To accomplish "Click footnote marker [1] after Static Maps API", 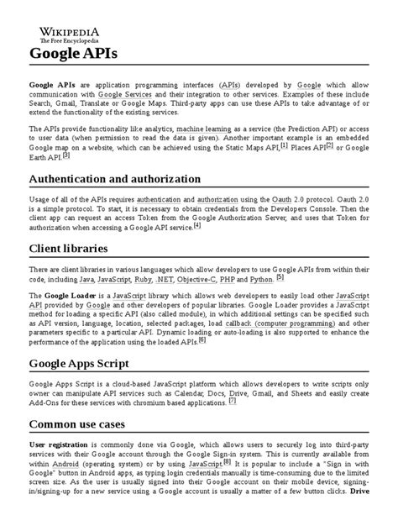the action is pyautogui.click(x=284, y=145).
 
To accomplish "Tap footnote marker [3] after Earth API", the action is pyautogui.click(x=65, y=155).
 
